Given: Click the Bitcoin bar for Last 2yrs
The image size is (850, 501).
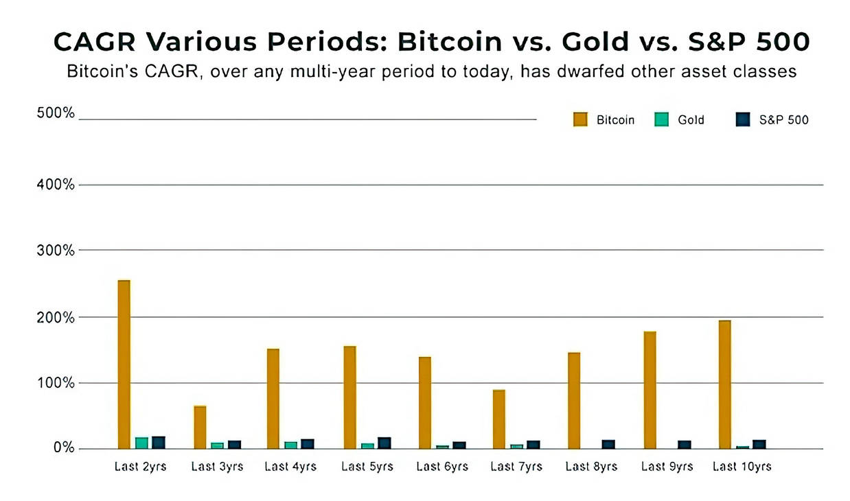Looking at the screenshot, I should [124, 364].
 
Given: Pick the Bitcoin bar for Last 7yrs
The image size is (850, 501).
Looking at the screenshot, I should [499, 419].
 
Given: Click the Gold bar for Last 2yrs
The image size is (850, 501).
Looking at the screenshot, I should [141, 443].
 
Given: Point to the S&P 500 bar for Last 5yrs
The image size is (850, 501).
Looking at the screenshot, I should [384, 443].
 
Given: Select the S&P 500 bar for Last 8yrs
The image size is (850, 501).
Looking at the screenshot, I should [608, 444].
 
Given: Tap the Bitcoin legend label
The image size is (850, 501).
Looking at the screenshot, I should [615, 120].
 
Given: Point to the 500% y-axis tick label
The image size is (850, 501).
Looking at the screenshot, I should [55, 113].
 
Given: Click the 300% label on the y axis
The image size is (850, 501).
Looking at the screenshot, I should [55, 250].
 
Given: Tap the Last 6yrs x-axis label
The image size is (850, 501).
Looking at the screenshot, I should [442, 467].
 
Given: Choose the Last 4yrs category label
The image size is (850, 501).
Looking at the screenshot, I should [290, 467].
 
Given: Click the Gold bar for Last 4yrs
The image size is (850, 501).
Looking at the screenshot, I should [290, 445].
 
